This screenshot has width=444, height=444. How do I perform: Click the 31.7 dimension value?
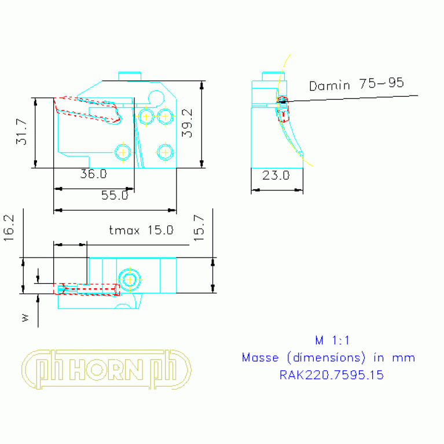click(x=21, y=133)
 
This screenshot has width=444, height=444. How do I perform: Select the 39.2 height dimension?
click(x=186, y=123)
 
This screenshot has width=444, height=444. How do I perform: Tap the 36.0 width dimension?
click(x=93, y=174)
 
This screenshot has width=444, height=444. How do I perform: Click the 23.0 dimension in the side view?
click(x=276, y=175)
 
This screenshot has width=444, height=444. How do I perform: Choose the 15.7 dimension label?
click(x=199, y=227)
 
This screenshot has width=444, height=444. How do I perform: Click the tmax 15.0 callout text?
click(x=141, y=230)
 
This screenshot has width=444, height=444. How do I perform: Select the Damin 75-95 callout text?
click(x=356, y=85)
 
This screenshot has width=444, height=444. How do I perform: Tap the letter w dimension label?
click(x=24, y=317)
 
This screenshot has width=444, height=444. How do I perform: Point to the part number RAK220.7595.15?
click(x=332, y=375)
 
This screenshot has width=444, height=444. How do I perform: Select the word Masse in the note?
click(x=260, y=357)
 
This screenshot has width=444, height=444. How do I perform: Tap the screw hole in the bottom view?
click(x=129, y=280)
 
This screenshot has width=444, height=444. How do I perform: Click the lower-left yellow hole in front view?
click(x=122, y=152)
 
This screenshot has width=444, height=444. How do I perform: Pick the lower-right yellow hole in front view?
click(x=166, y=152)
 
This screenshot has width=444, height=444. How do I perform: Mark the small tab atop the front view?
click(x=130, y=76)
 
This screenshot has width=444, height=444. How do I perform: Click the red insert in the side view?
click(x=283, y=109)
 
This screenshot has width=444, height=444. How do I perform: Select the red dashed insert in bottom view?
click(x=87, y=289)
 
